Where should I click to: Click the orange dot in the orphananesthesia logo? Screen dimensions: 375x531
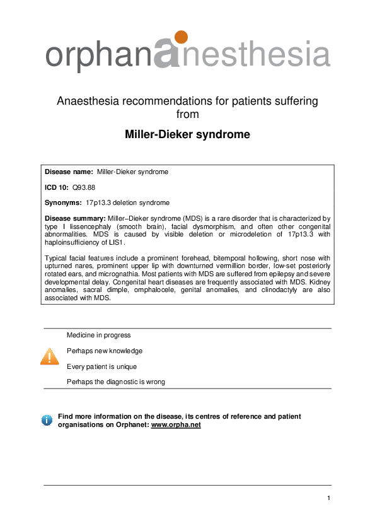pos(181,37)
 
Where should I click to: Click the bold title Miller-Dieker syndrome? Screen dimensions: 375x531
pos(187,135)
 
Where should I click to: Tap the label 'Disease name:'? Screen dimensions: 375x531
pos(69,172)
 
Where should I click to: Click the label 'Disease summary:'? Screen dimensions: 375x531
pos(76,218)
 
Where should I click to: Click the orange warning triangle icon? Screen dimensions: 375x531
pos(49,356)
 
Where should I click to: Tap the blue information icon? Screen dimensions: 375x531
pos(47,420)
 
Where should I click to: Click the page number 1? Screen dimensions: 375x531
pos(329,499)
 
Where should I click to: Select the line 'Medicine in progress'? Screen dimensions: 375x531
pos(98,335)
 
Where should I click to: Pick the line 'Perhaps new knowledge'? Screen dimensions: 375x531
pos(105,351)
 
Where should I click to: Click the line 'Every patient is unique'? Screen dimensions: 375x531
pos(101,366)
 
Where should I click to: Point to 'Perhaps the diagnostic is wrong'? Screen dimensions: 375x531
pos(116,382)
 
